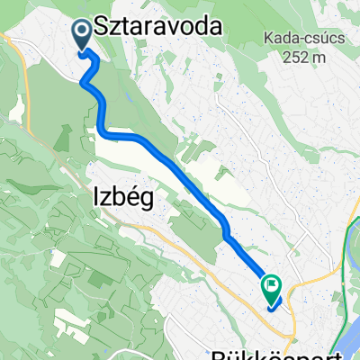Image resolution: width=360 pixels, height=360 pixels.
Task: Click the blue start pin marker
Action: coord(80,35)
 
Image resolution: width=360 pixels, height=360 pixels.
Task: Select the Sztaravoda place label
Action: coord(158,30)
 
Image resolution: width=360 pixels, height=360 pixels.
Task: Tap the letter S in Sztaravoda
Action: coord(100,30)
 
